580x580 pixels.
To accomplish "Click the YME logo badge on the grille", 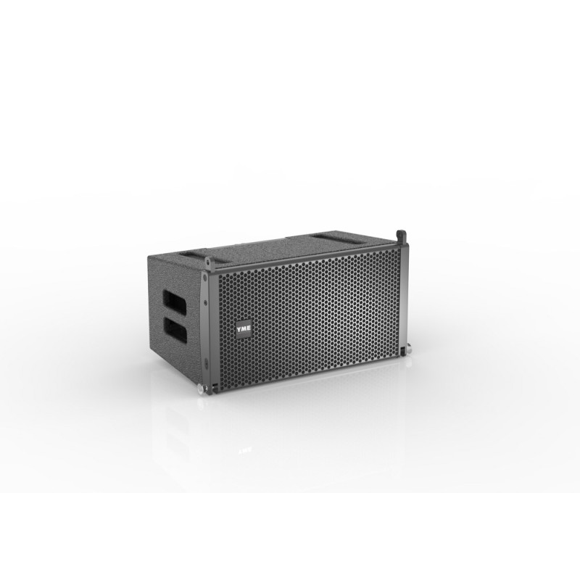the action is pos(244,328).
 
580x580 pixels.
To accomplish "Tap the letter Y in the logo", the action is pos(239,328).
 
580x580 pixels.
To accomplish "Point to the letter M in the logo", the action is pos(244,328).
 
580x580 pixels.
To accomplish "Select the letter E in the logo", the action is pos(249,328).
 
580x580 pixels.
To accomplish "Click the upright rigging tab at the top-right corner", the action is pos(400,237).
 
